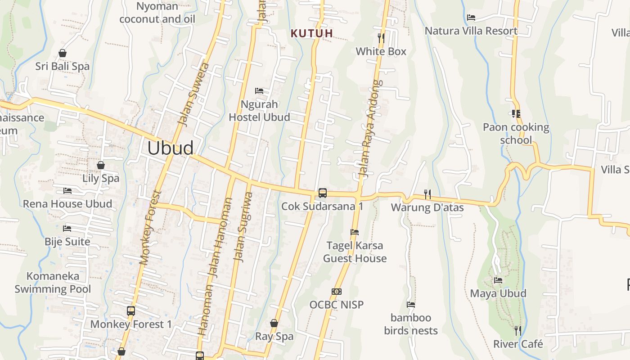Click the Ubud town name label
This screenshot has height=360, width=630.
point(171,148)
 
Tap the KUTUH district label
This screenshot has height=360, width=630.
point(312,33)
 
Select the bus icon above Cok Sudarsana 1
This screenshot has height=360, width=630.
point(323,193)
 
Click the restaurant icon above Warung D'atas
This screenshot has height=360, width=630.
point(427,194)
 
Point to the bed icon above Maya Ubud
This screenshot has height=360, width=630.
point(498,280)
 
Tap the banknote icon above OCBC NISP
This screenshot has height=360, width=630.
point(336,292)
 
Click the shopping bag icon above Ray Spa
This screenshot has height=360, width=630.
point(274,323)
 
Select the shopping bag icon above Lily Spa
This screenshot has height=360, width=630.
point(101,165)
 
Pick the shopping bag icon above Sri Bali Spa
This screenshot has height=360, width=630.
point(63,53)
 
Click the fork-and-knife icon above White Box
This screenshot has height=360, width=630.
point(381,38)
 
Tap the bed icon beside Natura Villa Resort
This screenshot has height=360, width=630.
point(471,18)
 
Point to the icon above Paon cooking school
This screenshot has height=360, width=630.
point(516,114)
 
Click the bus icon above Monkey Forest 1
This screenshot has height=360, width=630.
point(131,311)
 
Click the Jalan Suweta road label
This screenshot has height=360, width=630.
point(193,94)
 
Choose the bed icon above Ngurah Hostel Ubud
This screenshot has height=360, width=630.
point(259,91)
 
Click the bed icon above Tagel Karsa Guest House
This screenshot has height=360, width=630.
point(355,232)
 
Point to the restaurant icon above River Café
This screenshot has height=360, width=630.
point(518,331)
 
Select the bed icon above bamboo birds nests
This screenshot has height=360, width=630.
point(410,305)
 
